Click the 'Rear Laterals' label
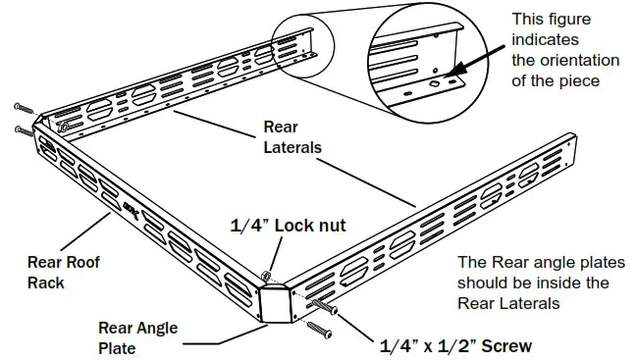pyautogui.click(x=293, y=138)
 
